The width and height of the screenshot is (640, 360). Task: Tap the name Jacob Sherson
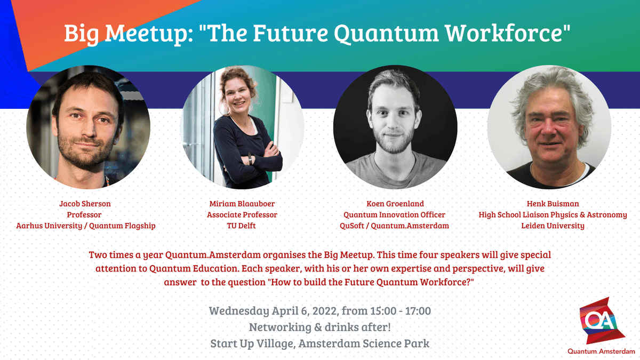[85, 204]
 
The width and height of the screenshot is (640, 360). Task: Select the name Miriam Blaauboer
[242, 204]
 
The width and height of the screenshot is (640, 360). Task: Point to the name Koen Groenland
[394, 204]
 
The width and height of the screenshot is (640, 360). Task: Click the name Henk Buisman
[553, 204]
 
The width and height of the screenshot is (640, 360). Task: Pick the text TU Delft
[242, 226]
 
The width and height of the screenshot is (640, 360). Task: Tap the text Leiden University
[553, 226]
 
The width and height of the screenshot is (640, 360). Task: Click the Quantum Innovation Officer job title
[394, 215]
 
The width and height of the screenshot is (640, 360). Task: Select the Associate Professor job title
[242, 215]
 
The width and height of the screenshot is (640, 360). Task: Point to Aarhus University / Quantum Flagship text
[85, 226]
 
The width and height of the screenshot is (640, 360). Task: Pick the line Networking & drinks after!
[319, 327]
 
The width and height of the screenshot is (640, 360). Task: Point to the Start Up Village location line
[319, 343]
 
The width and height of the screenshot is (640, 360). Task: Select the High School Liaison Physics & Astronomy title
[553, 215]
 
